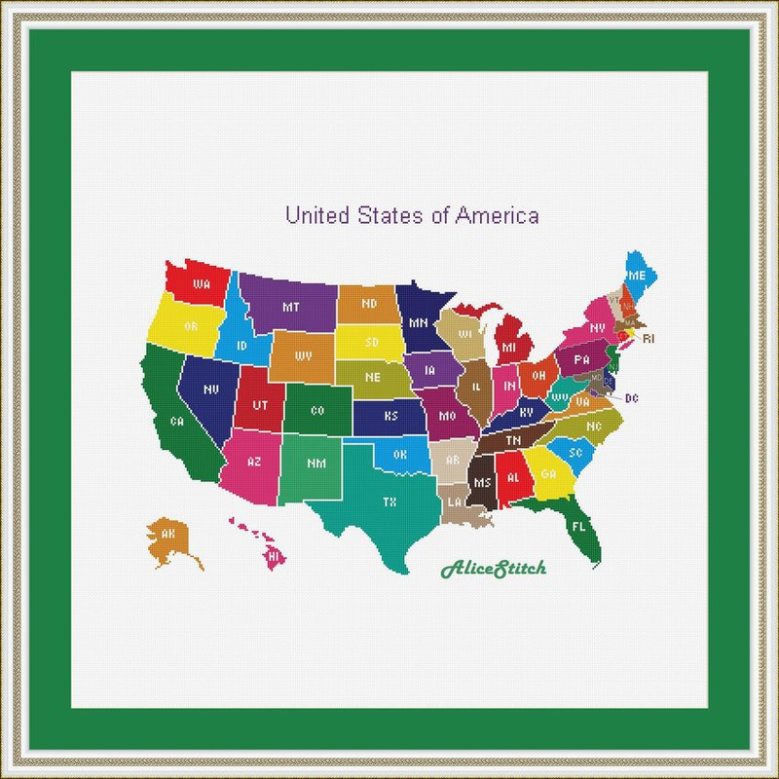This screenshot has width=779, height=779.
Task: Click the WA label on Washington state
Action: coord(203,284)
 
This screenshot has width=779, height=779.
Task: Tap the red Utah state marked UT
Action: coord(260,404)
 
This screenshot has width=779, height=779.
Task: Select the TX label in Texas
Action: coord(389,502)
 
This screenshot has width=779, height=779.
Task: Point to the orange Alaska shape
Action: coord(168,537)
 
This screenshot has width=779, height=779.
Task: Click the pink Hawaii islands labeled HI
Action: coord(274,555)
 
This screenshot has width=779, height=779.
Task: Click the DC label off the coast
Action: coord(631,397)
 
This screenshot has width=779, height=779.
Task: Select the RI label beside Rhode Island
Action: coord(649,338)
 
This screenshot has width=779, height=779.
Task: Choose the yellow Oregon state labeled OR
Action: coord(191,325)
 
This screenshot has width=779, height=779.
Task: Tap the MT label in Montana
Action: coord(290,307)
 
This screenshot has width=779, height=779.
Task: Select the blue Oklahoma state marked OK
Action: coord(398,454)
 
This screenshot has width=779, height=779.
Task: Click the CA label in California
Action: coord(177,422)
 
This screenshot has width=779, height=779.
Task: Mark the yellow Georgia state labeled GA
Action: coord(548,474)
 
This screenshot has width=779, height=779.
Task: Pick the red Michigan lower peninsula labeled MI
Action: coord(509,345)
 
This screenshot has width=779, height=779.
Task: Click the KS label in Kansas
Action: coord(390,416)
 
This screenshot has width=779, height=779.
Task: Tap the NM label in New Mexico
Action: coord(315,464)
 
